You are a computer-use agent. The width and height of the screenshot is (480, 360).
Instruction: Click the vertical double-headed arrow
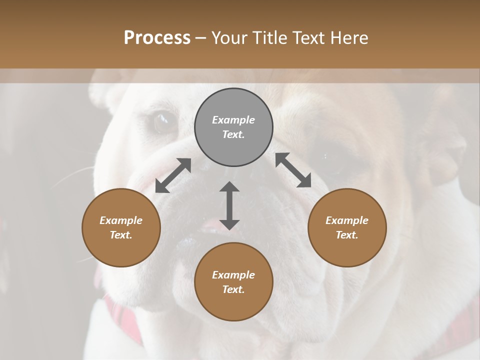(x=229, y=205)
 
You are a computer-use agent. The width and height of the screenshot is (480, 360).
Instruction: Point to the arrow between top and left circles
(x=173, y=175)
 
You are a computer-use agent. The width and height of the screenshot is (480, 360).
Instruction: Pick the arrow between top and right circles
(x=293, y=170)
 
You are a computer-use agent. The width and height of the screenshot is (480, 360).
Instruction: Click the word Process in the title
(x=157, y=38)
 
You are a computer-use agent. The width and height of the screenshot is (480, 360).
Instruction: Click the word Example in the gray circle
(x=233, y=120)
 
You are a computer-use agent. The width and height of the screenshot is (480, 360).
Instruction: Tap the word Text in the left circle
(x=120, y=235)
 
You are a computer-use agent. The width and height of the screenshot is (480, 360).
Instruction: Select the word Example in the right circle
(x=347, y=220)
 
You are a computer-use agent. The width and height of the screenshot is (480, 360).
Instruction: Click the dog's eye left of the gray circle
(x=162, y=121)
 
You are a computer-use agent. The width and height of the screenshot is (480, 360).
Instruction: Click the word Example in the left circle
(x=121, y=220)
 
